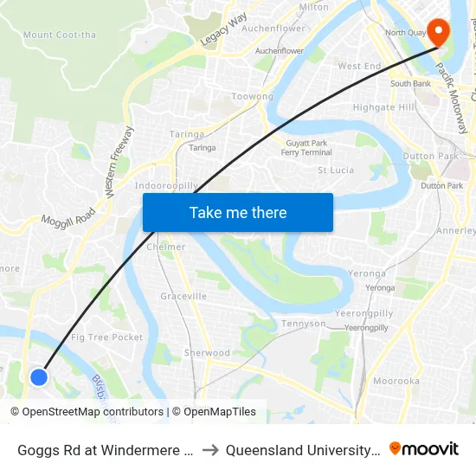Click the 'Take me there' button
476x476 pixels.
point(238,213)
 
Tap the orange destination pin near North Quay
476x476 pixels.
point(439,33)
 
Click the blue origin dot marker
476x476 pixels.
point(38,376)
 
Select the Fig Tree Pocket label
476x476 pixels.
point(106,338)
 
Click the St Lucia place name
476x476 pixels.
point(336,170)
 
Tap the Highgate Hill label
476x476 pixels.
point(384,107)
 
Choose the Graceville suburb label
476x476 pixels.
point(183,296)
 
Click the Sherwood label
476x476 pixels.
point(207,353)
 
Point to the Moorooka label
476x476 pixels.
point(396,381)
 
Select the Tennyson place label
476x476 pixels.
point(304,324)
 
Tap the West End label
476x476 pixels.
point(359,66)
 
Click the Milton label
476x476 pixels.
point(313,7)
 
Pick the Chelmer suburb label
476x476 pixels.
point(166,247)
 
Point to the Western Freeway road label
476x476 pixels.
point(120,164)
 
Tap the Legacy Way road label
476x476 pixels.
point(223,29)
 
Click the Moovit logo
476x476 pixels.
point(424,448)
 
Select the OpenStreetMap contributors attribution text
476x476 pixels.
point(93,412)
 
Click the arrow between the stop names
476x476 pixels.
point(209,449)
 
